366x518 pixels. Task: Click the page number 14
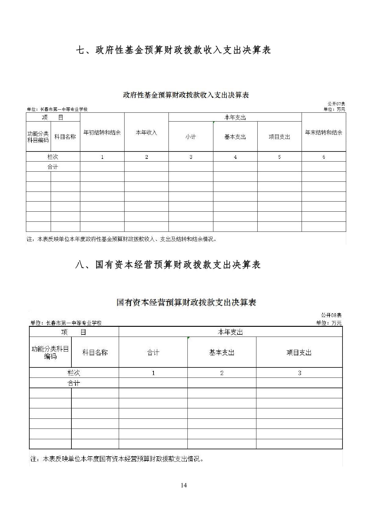pos(183,485)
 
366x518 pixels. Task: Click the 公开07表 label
pos(336,104)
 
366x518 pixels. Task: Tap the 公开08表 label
pos(331,315)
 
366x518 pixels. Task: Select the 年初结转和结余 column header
pos(102,132)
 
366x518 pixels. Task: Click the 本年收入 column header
pos(146,132)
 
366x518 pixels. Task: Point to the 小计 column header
pos(190,137)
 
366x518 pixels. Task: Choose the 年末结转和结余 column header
pos(324,132)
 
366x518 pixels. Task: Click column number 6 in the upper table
pos(324,157)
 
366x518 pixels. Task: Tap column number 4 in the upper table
pos(235,157)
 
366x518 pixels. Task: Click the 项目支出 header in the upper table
pos(279,137)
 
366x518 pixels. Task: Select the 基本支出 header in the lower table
pos(222,352)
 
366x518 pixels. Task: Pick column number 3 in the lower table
pos(299,373)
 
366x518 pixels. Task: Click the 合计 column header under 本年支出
pos(153,352)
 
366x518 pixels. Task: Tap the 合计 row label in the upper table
pos(53,167)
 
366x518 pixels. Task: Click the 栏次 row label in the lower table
pos(74,373)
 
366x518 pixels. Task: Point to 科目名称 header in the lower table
pos(95,352)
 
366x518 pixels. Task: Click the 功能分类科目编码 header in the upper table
pos(38,137)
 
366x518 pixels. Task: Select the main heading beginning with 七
pos(173,50)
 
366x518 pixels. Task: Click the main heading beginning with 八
pos(168,264)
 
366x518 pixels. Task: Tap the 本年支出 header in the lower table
pos(230,332)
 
